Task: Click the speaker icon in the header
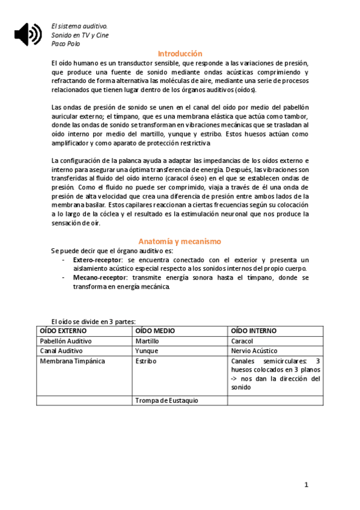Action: click(28, 35)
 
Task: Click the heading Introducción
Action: click(180, 53)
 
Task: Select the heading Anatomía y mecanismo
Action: click(180, 241)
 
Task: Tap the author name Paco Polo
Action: click(66, 43)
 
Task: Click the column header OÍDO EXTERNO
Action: click(63, 331)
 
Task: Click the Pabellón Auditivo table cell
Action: click(66, 341)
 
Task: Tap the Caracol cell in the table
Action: click(242, 341)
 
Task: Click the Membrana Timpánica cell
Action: click(72, 361)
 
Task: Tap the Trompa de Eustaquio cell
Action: click(166, 400)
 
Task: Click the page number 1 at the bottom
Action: click(306, 485)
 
